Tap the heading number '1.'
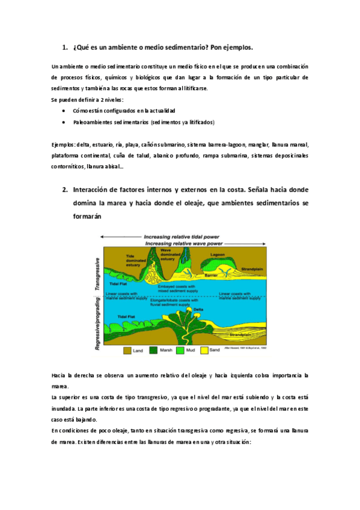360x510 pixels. (66, 48)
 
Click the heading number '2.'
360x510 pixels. (66, 189)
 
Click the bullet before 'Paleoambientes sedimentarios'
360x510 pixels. (64, 121)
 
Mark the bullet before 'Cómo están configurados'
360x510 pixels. (64, 111)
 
